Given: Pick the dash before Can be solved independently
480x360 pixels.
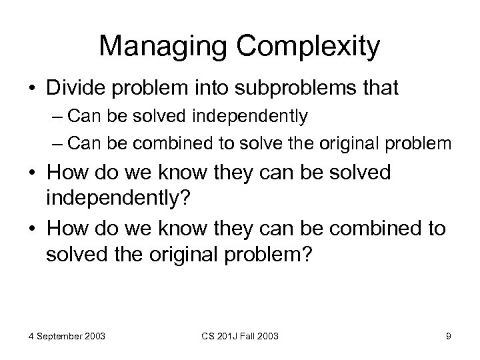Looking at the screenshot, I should pyautogui.click(x=75, y=117).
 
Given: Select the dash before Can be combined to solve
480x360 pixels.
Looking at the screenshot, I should pyautogui.click(x=75, y=144).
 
